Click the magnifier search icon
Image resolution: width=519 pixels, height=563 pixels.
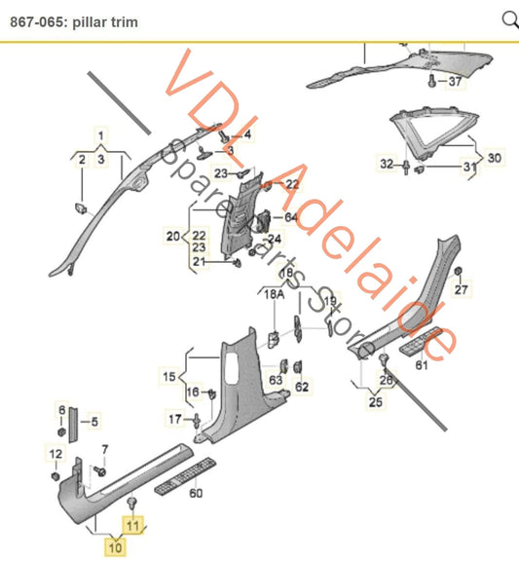pos(508,19)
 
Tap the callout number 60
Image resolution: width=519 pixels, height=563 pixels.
pos(196,494)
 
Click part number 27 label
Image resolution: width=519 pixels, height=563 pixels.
pos(462,289)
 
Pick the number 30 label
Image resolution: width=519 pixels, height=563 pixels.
pos(495,158)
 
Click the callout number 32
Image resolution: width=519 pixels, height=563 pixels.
pos(387,163)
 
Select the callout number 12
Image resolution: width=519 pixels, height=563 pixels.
pos(56,454)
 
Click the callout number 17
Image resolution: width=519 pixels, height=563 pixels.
pos(174,420)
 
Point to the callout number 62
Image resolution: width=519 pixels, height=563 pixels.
pos(302,388)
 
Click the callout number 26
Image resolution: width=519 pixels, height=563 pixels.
pos(385,380)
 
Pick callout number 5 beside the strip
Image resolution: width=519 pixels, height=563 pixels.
pos(95,423)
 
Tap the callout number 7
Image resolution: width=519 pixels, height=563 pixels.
pos(105,448)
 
